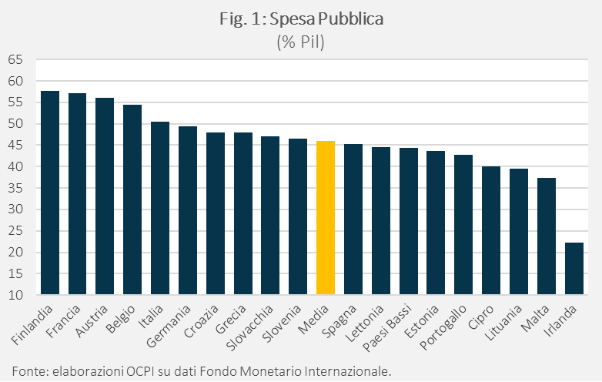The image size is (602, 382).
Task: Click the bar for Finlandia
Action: tap(50, 193)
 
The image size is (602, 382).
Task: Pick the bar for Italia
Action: tap(160, 208)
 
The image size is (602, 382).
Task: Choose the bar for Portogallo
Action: tap(463, 224)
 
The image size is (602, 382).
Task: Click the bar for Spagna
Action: tap(353, 219)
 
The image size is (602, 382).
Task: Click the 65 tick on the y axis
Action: tap(15, 60)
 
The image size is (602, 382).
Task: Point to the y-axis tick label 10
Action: tap(15, 295)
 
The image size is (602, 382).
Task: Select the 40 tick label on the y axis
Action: tap(15, 167)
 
